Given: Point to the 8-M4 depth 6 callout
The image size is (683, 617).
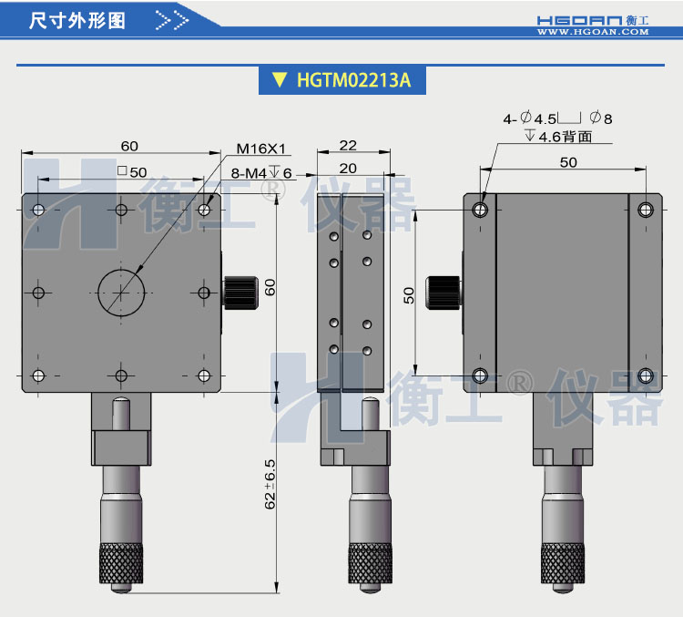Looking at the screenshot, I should point(261,173).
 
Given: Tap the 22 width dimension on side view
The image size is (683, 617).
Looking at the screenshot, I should point(348,146).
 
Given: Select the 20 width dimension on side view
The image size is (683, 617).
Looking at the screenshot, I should point(348,168).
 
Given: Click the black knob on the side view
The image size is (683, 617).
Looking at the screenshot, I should point(445,290).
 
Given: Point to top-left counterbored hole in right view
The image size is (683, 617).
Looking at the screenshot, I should point(481,210).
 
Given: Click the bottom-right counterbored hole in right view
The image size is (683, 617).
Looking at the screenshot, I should point(646,375).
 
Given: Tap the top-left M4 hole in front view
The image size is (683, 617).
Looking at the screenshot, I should point(38,210).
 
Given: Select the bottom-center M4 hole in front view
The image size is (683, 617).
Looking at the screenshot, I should point(121,375).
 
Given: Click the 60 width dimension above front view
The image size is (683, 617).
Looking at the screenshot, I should point(128,146).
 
